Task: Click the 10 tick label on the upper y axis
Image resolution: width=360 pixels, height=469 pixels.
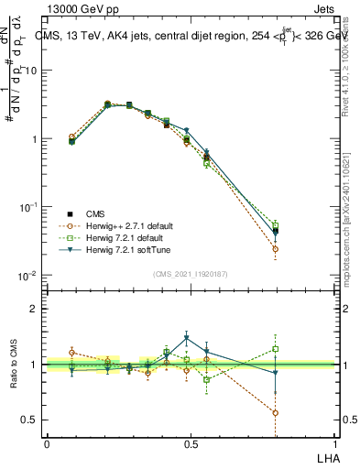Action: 29,71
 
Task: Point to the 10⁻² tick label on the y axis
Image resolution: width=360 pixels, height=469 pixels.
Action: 27,276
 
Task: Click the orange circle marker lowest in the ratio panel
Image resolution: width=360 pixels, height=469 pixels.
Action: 276,413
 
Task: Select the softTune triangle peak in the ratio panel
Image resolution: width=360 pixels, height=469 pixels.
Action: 187,338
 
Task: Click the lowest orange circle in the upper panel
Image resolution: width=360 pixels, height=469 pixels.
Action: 276,248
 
